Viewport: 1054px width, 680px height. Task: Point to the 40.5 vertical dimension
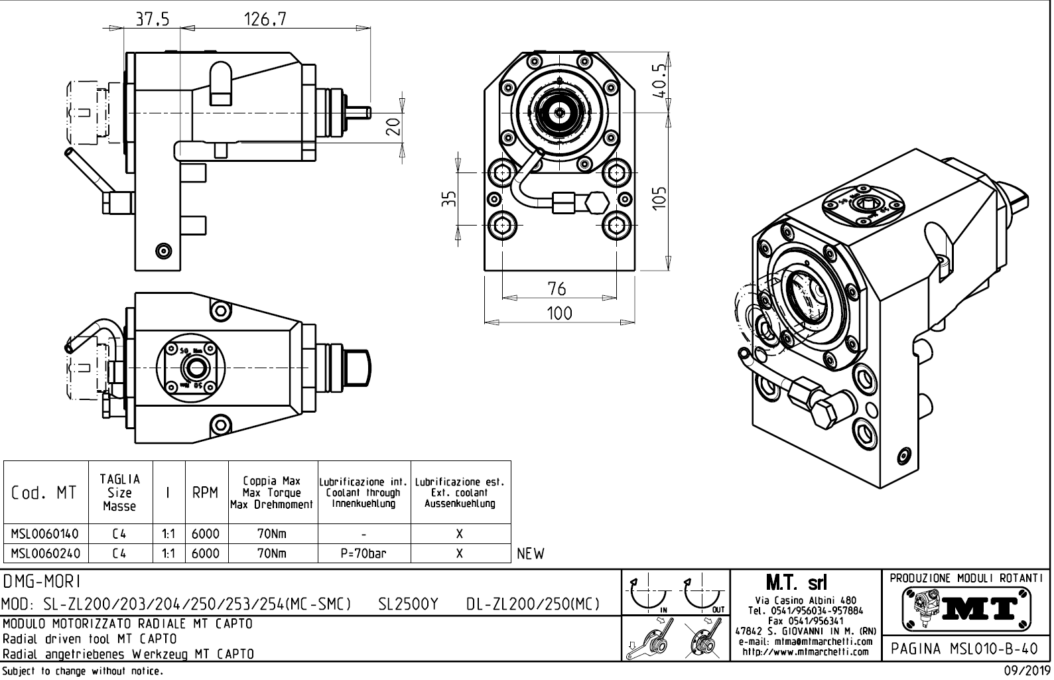click(x=659, y=80)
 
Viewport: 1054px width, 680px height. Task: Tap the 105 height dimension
click(x=659, y=196)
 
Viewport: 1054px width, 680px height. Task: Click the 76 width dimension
click(x=557, y=289)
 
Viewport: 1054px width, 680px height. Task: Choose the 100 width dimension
click(x=559, y=312)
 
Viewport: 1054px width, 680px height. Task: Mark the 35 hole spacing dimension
click(x=449, y=198)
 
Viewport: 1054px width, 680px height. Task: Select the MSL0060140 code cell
click(x=45, y=534)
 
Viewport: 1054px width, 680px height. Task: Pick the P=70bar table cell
click(x=363, y=553)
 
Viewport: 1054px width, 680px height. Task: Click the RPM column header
click(x=205, y=493)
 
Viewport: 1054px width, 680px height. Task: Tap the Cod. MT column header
click(x=44, y=493)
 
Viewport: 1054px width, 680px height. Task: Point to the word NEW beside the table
click(x=530, y=554)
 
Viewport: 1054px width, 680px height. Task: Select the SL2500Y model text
click(x=408, y=604)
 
